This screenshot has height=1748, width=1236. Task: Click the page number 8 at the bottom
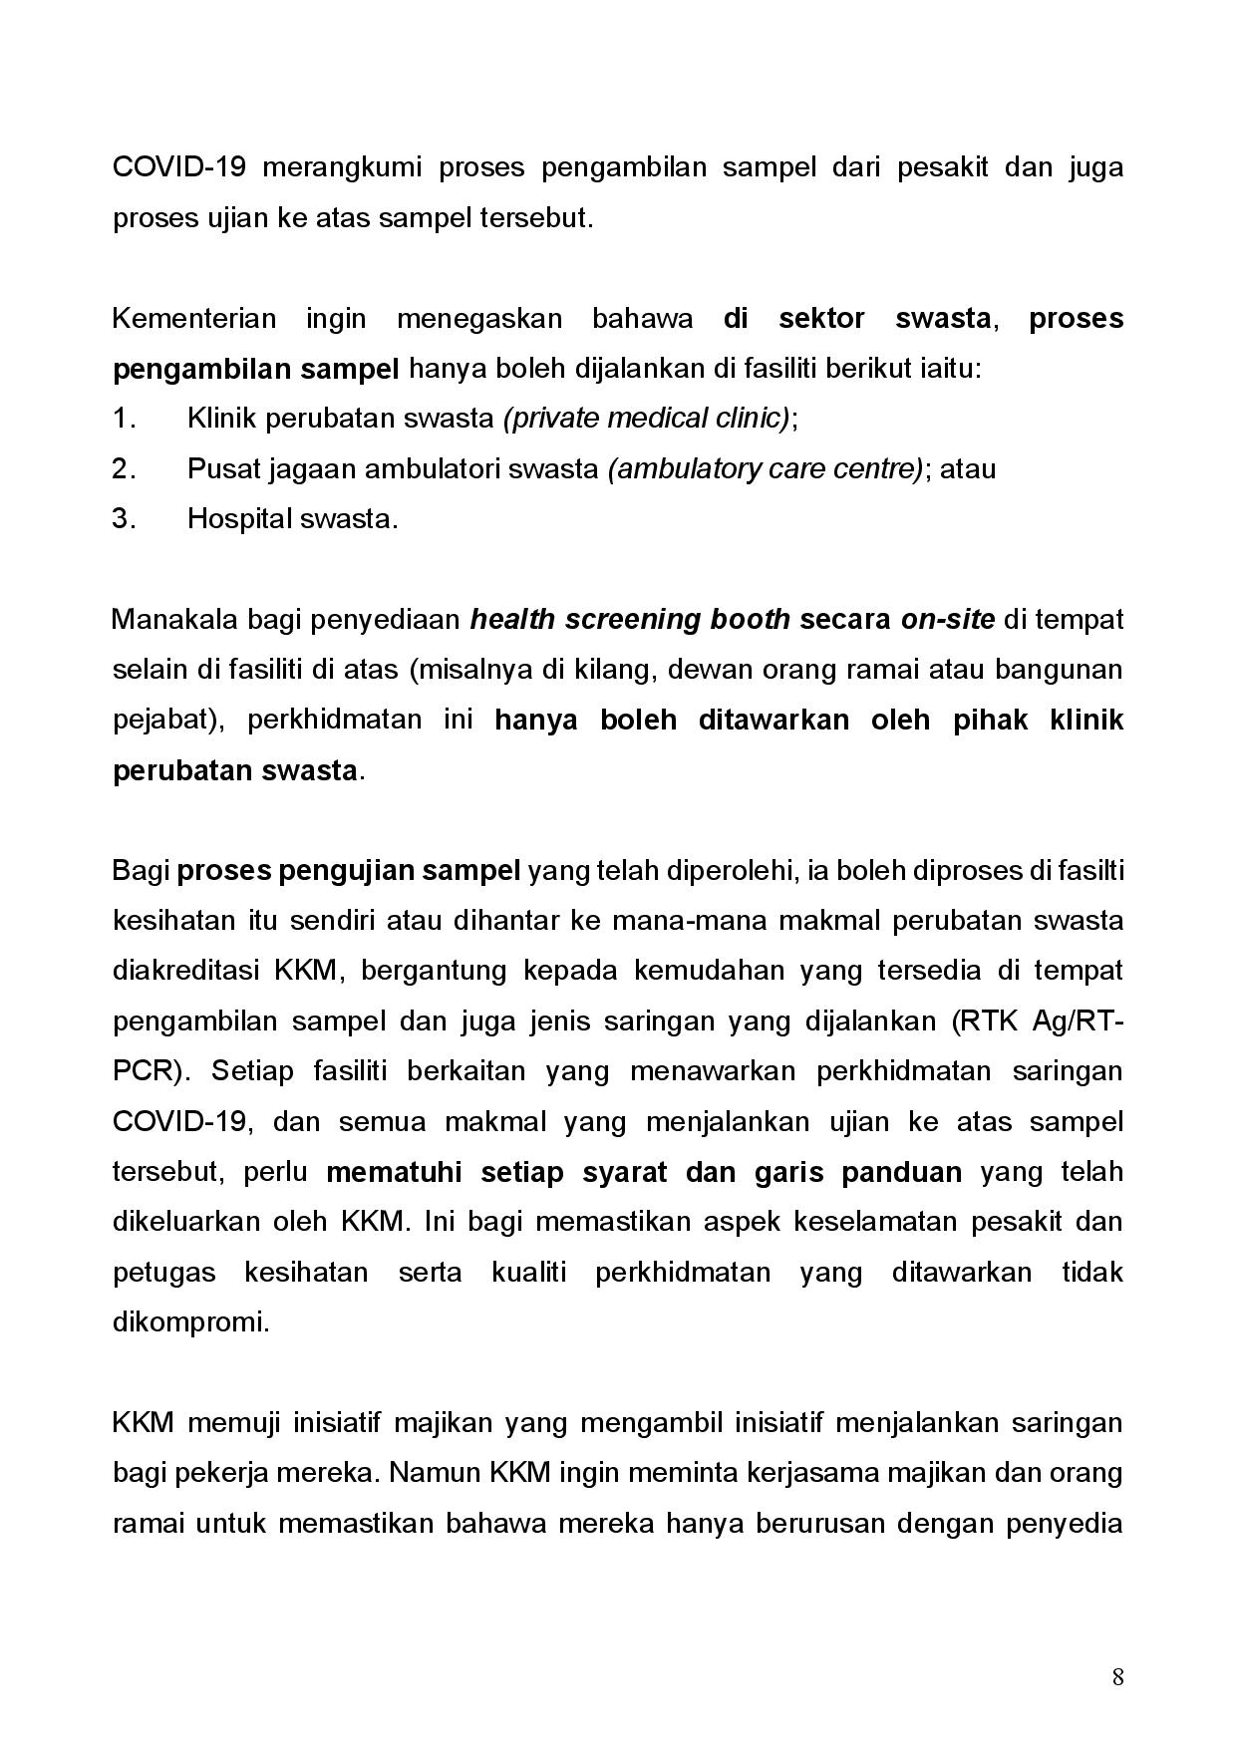(x=1117, y=1677)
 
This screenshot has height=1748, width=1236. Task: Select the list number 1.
(x=123, y=419)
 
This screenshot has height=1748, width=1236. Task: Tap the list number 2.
(x=123, y=468)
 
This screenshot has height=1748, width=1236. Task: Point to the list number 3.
(x=123, y=519)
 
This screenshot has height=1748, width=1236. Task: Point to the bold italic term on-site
(x=947, y=620)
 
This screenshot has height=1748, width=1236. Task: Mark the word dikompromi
(x=190, y=1323)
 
